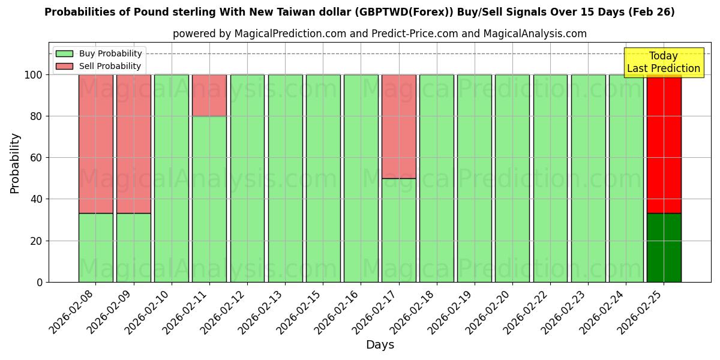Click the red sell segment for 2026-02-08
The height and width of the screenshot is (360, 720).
tap(95, 144)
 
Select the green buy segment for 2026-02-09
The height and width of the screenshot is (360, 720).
tap(133, 247)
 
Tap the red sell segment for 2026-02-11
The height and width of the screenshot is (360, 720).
tap(209, 95)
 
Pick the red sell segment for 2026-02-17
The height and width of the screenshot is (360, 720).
tap(399, 127)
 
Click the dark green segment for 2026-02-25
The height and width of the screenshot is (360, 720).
tap(664, 247)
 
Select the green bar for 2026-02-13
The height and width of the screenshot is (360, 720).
tap(285, 178)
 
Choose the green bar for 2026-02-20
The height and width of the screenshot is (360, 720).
tap(512, 178)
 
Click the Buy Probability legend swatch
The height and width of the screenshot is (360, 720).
tap(64, 53)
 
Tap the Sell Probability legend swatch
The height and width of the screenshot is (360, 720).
tap(64, 66)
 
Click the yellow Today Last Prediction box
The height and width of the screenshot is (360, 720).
tap(663, 62)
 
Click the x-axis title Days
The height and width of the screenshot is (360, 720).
tap(380, 345)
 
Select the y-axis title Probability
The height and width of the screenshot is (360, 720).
tap(15, 163)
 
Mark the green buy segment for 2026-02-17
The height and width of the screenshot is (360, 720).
tap(399, 230)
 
